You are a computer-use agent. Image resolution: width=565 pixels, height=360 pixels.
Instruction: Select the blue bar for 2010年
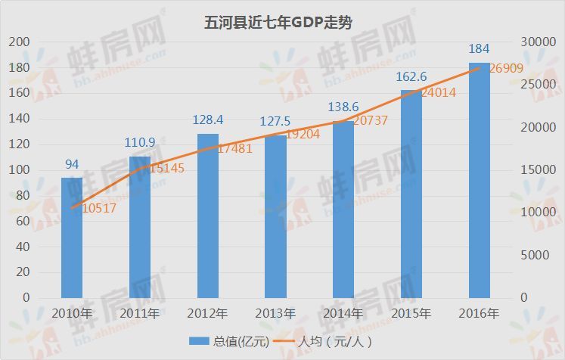point(72,237)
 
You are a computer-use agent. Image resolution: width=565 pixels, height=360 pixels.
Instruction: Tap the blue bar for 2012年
point(208,216)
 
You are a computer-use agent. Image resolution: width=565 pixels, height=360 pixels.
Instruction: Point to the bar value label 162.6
point(411,76)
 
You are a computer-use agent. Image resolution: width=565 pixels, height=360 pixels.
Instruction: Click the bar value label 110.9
point(140,142)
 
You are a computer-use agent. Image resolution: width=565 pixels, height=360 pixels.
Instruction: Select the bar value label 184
point(480,49)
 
